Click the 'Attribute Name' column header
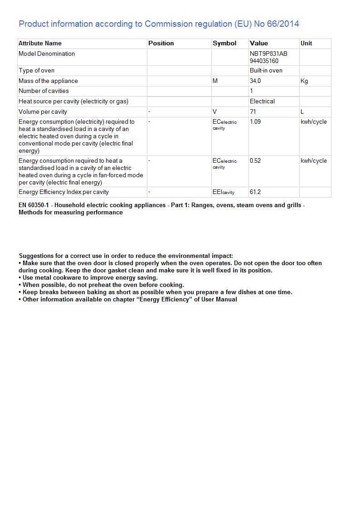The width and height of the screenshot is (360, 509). coord(40,44)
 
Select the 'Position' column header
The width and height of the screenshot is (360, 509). coord(161,44)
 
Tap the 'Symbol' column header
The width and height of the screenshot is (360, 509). coord(224,44)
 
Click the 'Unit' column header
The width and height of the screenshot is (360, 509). coord(306,44)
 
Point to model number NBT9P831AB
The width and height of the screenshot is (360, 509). coord(268,54)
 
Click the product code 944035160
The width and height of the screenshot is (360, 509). coord(264,61)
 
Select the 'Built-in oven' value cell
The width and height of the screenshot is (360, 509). coord(266,71)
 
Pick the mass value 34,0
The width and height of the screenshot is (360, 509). coord(255,81)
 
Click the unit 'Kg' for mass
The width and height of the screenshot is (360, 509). coord(304,81)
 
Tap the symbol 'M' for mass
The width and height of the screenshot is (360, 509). coord(215,81)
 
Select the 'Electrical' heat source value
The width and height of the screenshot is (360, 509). coord(262,102)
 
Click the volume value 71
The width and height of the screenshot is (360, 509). coord(253,112)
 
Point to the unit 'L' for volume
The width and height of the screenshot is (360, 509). coord(302,112)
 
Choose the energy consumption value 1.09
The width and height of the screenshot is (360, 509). coord(255,122)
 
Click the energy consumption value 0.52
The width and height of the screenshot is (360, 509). coord(255,161)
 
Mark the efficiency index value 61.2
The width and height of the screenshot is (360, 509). coord(255,192)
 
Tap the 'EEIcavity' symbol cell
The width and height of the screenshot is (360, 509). coord(224,192)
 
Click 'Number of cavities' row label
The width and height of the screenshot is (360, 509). coord(44,91)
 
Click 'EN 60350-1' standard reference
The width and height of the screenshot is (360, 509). coord(34,205)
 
